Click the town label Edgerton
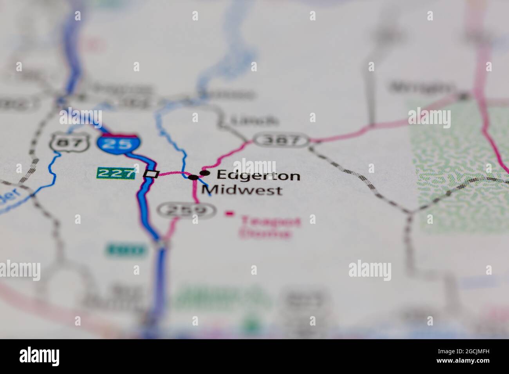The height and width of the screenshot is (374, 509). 258,176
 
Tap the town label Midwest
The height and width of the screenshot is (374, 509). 242,191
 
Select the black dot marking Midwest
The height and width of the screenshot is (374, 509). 193,177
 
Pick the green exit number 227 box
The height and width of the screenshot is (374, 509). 116,173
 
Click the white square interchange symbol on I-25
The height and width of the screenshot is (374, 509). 152,174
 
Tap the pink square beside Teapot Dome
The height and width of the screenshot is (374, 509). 229,214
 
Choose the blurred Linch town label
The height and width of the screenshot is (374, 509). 254,120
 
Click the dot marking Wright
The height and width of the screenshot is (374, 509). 464,95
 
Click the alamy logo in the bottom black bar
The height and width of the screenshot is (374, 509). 40,356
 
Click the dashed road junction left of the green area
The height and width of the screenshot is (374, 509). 410,213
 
